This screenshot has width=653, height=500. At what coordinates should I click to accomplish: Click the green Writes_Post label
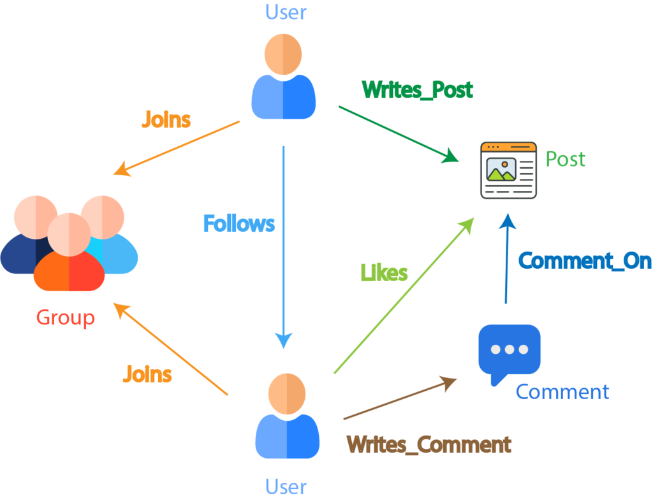[x=418, y=89]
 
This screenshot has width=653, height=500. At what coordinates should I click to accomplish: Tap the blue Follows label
[x=239, y=223]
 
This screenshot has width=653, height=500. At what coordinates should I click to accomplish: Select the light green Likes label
[x=384, y=273]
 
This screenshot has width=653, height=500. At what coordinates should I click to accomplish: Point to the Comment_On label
[x=585, y=261]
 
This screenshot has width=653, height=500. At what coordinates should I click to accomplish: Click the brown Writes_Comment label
[x=429, y=444]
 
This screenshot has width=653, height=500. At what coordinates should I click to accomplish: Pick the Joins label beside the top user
[x=166, y=119]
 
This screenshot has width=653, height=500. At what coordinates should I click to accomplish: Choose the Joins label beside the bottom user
[x=147, y=374]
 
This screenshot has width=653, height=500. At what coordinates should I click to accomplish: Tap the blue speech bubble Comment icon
[x=509, y=353]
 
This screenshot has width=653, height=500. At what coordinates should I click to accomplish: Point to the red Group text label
[x=65, y=317]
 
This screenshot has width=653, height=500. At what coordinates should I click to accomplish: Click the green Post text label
[x=565, y=158]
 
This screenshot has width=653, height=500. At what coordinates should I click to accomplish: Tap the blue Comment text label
[x=562, y=391]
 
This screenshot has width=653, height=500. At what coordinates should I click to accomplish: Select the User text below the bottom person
[x=286, y=487]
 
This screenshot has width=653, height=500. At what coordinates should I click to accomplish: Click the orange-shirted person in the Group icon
[x=69, y=255]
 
